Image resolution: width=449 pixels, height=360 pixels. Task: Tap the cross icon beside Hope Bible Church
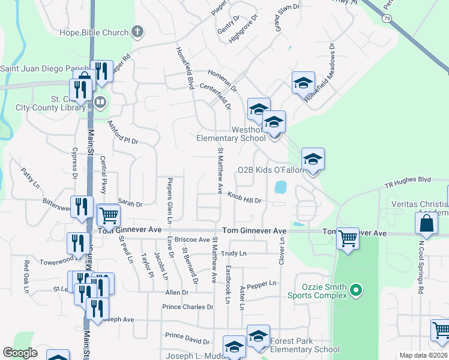(x=138, y=32)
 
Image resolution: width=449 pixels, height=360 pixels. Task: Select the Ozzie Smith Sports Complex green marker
(x=356, y=291)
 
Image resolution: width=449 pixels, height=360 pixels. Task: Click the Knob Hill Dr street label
(x=244, y=197)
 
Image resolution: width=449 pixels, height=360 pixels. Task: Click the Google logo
(x=20, y=353)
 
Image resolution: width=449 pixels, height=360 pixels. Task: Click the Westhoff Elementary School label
(x=231, y=134)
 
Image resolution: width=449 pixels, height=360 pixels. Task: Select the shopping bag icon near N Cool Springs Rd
(x=426, y=224)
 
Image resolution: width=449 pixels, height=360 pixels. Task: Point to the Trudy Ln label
(x=234, y=254)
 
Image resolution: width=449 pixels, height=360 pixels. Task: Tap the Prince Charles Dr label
(x=188, y=307)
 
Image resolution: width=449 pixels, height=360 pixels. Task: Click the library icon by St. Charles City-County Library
(x=100, y=102)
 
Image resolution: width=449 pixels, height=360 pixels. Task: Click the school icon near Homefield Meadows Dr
(x=304, y=82)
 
